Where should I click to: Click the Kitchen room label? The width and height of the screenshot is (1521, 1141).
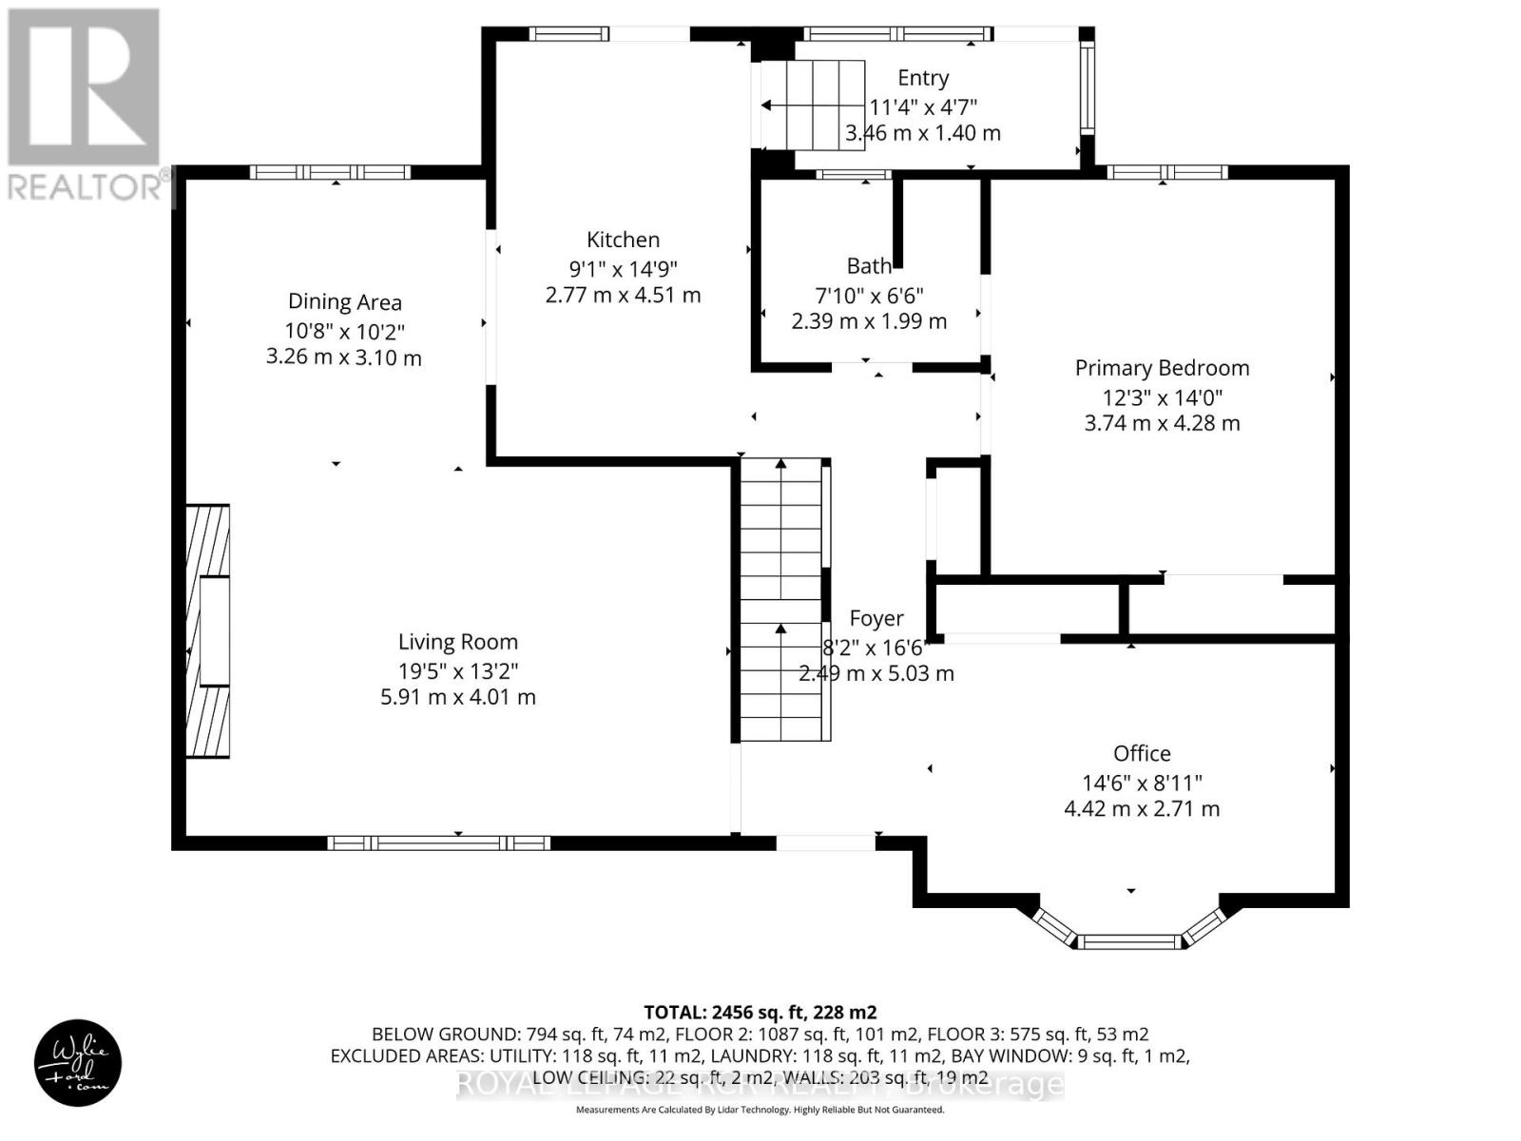pos(623,240)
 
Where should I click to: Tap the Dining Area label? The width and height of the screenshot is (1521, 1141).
pos(344,302)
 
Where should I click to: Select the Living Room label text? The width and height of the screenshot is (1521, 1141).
pos(457,642)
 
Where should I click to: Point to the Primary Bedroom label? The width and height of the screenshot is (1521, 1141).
pos(1162,368)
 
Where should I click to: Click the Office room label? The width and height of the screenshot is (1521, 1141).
pos(1142,753)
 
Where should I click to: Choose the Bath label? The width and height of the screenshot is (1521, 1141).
pos(869,265)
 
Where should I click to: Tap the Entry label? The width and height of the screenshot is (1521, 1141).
pos(922,78)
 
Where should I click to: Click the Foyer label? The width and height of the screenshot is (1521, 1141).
pos(876,619)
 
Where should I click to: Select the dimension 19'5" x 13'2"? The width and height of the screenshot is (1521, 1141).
pos(457,670)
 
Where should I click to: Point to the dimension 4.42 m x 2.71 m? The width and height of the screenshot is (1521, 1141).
pos(1142,809)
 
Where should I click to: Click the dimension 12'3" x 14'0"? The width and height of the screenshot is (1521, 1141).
pos(1162,396)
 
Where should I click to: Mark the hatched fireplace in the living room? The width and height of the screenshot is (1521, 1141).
pos(208,631)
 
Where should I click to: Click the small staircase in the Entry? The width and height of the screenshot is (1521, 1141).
pos(812,105)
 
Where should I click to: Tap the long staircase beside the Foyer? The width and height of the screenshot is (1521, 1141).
pos(781,599)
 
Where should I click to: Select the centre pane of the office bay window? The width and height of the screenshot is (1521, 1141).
pos(1130,942)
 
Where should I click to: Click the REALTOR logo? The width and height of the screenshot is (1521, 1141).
pos(86,105)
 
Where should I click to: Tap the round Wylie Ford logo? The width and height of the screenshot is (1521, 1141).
pos(78,1063)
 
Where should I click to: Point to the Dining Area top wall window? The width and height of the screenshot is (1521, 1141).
pos(330,172)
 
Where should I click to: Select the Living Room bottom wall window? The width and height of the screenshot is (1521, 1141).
pos(438,842)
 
